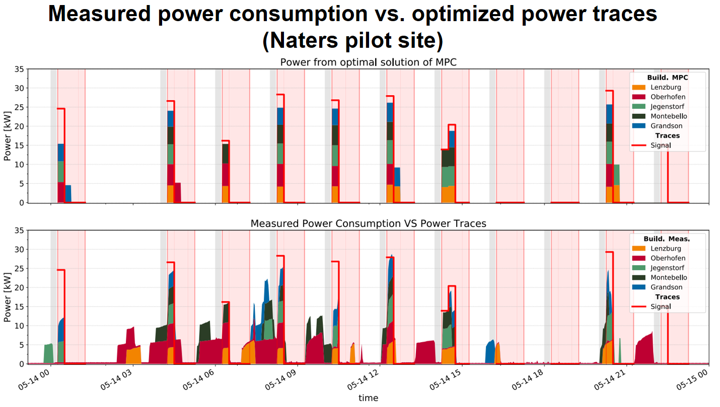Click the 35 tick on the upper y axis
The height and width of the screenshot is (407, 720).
[x=20, y=69]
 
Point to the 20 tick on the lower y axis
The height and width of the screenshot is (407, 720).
[x=20, y=287]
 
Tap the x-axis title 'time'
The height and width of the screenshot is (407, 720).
[x=368, y=398]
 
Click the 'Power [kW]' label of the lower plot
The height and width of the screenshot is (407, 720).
[x=8, y=297]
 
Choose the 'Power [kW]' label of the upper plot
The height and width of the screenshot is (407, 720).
[x=8, y=136]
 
